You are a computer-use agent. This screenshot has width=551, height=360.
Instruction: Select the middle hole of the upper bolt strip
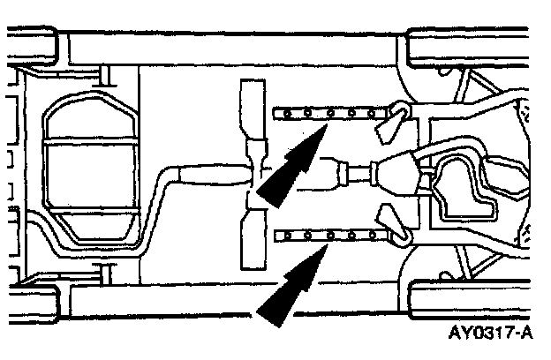pyautogui.click(x=329, y=114)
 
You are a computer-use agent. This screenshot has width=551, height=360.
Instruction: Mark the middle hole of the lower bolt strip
pyautogui.click(x=329, y=235)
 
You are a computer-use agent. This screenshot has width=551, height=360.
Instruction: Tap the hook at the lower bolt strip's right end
pyautogui.click(x=399, y=233)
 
